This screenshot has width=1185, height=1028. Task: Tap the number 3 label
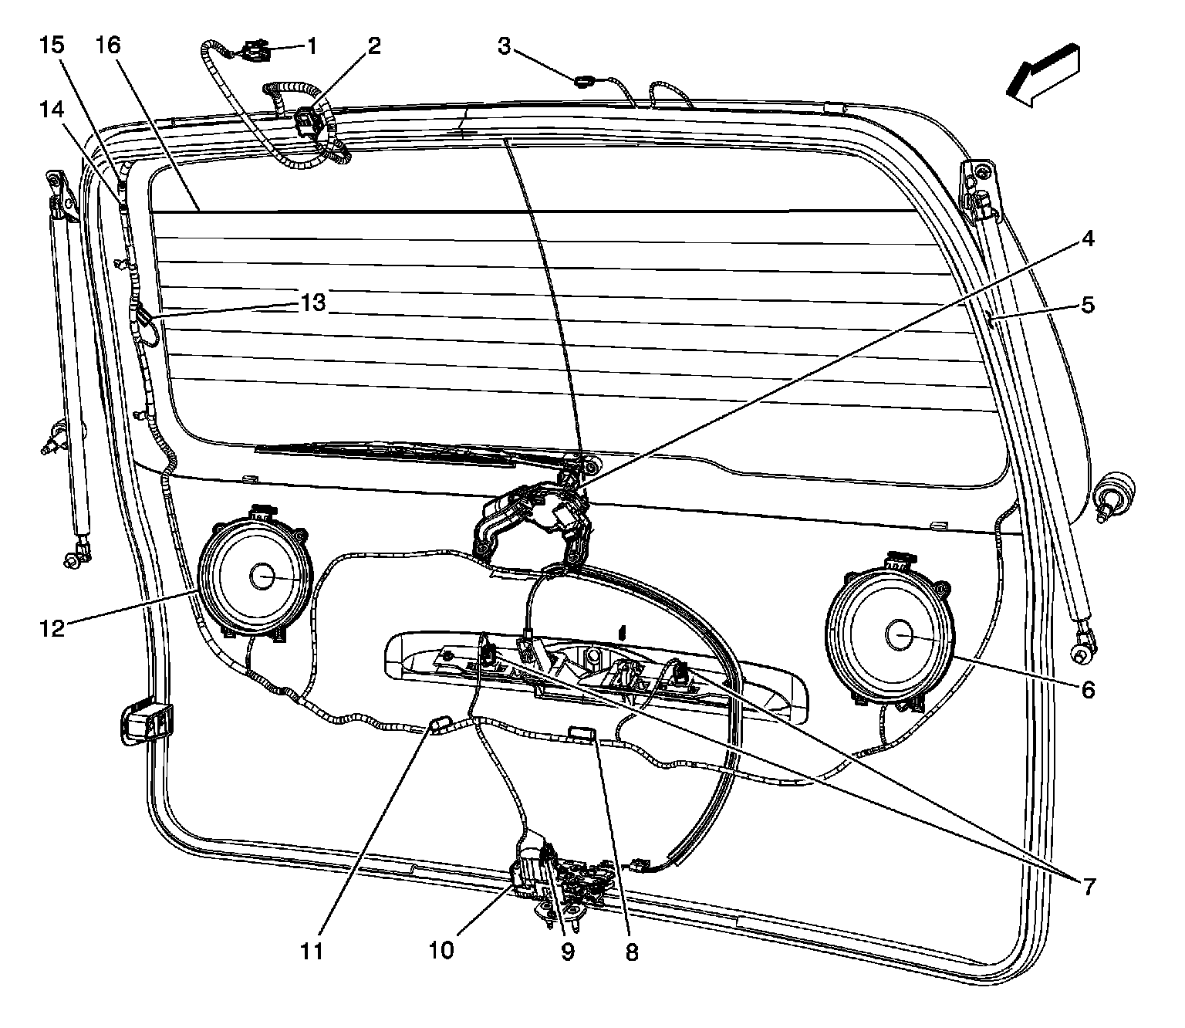click(x=504, y=47)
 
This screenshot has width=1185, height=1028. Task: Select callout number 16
click(x=109, y=46)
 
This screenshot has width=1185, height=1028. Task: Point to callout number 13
click(x=314, y=303)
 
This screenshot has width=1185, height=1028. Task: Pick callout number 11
click(x=312, y=951)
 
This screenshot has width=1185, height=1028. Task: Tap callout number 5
click(x=1087, y=305)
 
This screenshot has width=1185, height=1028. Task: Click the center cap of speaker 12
click(x=261, y=576)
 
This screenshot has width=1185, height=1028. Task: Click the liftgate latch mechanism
click(x=575, y=884)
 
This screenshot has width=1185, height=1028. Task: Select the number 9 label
click(x=568, y=952)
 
